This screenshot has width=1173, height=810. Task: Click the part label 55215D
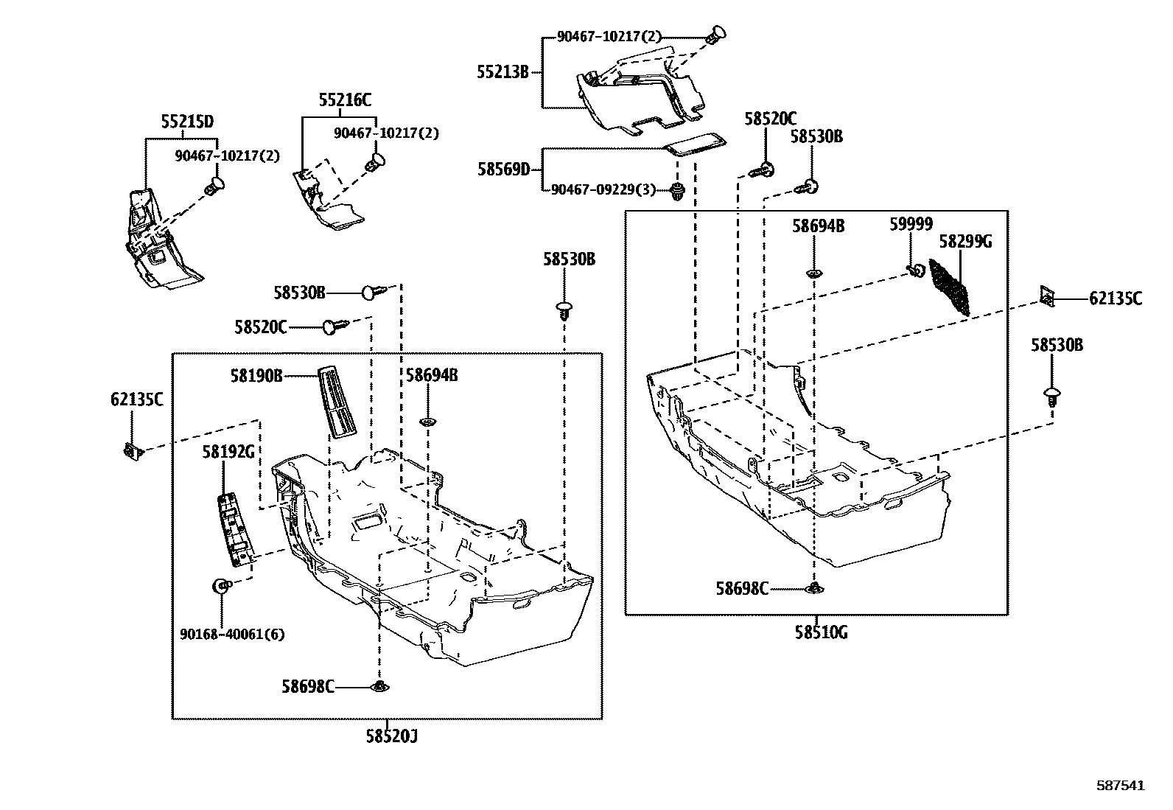click(x=187, y=121)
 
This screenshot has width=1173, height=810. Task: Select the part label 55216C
click(x=345, y=100)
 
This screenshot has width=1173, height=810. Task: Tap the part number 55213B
click(x=503, y=72)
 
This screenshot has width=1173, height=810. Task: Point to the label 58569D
click(x=503, y=170)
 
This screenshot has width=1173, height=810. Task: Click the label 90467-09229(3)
click(x=603, y=189)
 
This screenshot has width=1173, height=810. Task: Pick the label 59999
click(x=911, y=225)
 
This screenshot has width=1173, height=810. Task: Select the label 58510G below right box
click(x=820, y=632)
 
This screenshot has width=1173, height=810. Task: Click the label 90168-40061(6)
click(x=231, y=634)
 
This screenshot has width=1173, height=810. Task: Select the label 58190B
click(x=256, y=376)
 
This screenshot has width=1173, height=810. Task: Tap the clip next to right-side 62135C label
click(x=1048, y=296)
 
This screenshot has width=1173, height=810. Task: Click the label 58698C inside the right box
click(x=742, y=588)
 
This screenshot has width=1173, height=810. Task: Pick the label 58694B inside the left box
click(x=432, y=375)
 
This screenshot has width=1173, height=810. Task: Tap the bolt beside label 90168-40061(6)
click(x=220, y=587)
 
